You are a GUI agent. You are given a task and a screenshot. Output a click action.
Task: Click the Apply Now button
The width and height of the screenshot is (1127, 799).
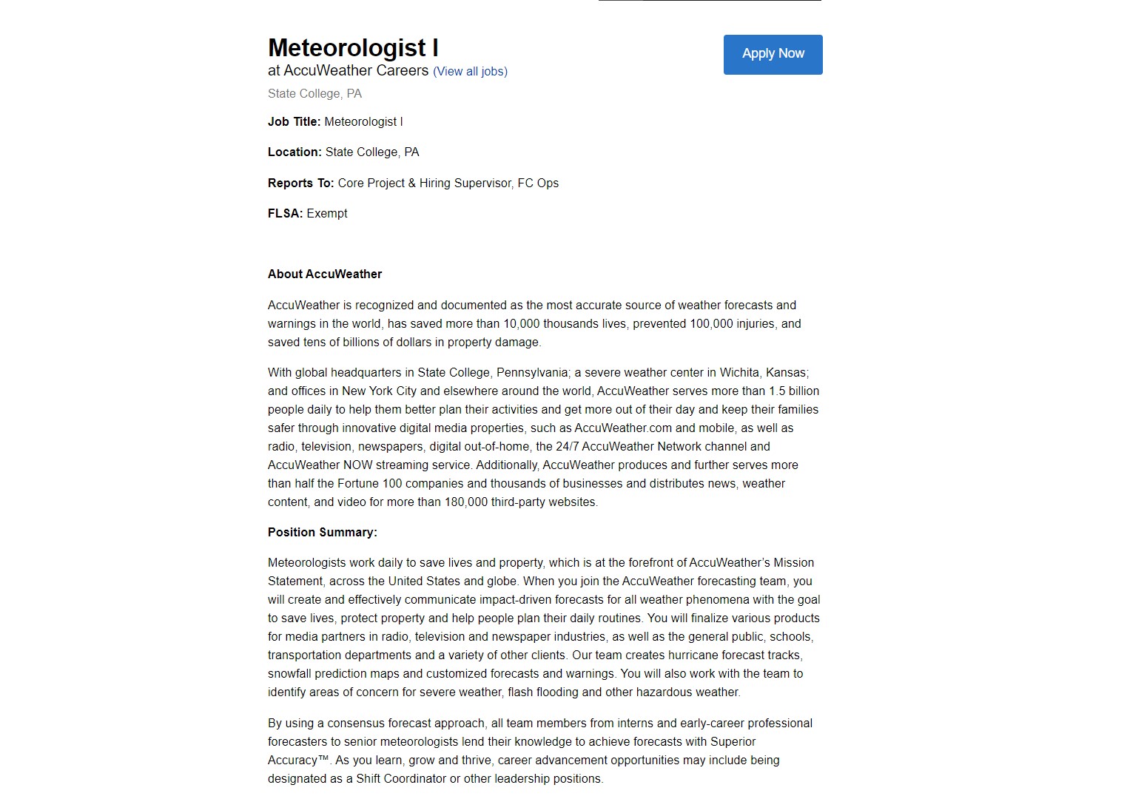(x=773, y=54)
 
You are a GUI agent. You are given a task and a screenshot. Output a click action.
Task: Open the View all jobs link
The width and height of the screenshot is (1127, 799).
(x=470, y=72)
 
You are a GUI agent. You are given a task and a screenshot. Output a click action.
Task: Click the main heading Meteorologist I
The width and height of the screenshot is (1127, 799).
(x=353, y=48)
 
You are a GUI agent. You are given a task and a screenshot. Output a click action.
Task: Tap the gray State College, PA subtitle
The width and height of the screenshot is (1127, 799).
(x=314, y=94)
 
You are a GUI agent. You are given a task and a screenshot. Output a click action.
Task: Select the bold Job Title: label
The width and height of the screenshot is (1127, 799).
(x=294, y=122)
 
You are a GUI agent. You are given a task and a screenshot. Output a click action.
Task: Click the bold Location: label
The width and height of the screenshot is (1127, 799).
(x=295, y=152)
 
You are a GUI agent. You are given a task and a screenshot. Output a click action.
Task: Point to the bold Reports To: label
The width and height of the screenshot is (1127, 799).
(x=300, y=183)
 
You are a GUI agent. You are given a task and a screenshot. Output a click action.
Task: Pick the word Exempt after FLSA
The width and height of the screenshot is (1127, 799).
(x=327, y=214)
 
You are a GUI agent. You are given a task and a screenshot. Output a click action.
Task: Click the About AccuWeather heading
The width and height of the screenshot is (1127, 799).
(x=325, y=274)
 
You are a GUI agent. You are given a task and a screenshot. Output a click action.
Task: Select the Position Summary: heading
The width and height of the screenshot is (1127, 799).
(x=322, y=533)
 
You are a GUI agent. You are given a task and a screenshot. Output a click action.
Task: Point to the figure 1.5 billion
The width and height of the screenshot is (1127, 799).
(x=793, y=391)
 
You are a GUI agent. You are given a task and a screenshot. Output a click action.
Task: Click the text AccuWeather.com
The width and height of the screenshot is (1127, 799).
(x=623, y=428)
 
